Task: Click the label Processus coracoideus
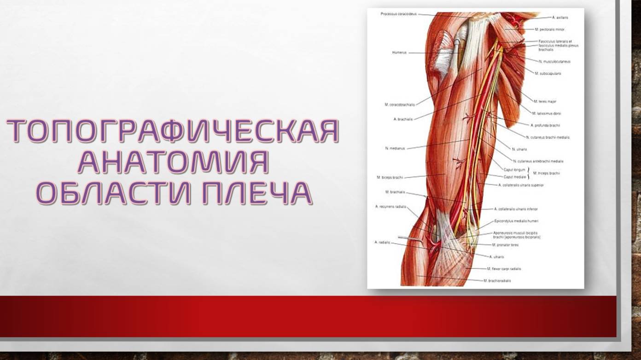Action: (399, 14)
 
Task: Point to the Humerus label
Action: (399, 52)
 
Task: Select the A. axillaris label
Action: (560, 17)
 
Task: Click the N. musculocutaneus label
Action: (554, 61)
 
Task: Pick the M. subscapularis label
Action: (548, 73)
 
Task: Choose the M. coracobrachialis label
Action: (400, 105)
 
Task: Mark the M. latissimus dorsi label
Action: (547, 113)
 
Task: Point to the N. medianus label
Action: (395, 148)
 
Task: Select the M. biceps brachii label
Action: (390, 177)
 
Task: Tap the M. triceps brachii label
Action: (546, 173)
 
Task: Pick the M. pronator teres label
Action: (505, 245)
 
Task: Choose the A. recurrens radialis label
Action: (390, 207)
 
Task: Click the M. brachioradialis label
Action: (497, 280)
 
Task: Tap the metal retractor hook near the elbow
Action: (409, 238)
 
